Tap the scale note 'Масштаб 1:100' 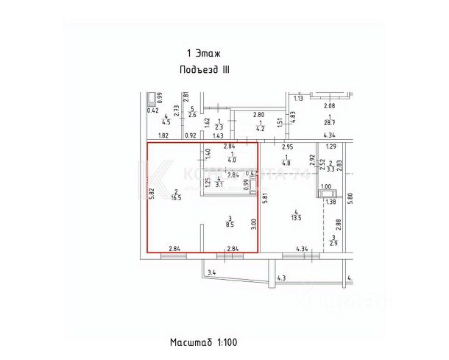203,342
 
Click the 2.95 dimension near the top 288,147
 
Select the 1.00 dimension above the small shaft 325,187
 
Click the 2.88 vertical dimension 338,224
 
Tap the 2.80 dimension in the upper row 258,114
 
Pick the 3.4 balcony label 211,273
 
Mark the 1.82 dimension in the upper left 164,136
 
